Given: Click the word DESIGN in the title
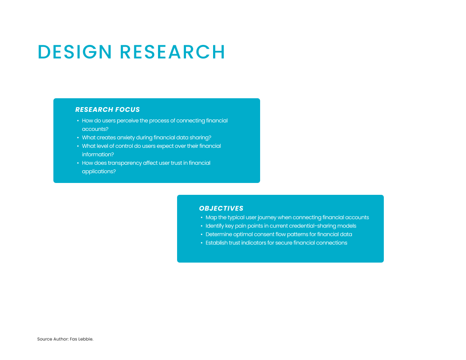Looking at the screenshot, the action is point(75,52).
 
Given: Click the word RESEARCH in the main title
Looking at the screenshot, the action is point(172,52).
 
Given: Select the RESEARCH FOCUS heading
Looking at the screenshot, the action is point(107,110).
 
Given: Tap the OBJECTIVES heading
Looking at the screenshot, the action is point(221,208).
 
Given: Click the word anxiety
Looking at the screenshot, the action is point(126,138).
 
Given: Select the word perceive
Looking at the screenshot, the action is point(128,121).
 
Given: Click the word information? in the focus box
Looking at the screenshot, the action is point(98,155).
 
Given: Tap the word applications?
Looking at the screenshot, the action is point(99,172).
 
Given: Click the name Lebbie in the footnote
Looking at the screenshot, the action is point(86,339).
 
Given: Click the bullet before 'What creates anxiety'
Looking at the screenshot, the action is point(78,138).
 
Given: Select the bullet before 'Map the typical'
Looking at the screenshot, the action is point(202,217).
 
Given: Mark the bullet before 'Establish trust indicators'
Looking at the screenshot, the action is point(202,243).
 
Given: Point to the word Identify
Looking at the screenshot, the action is point(215,226).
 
